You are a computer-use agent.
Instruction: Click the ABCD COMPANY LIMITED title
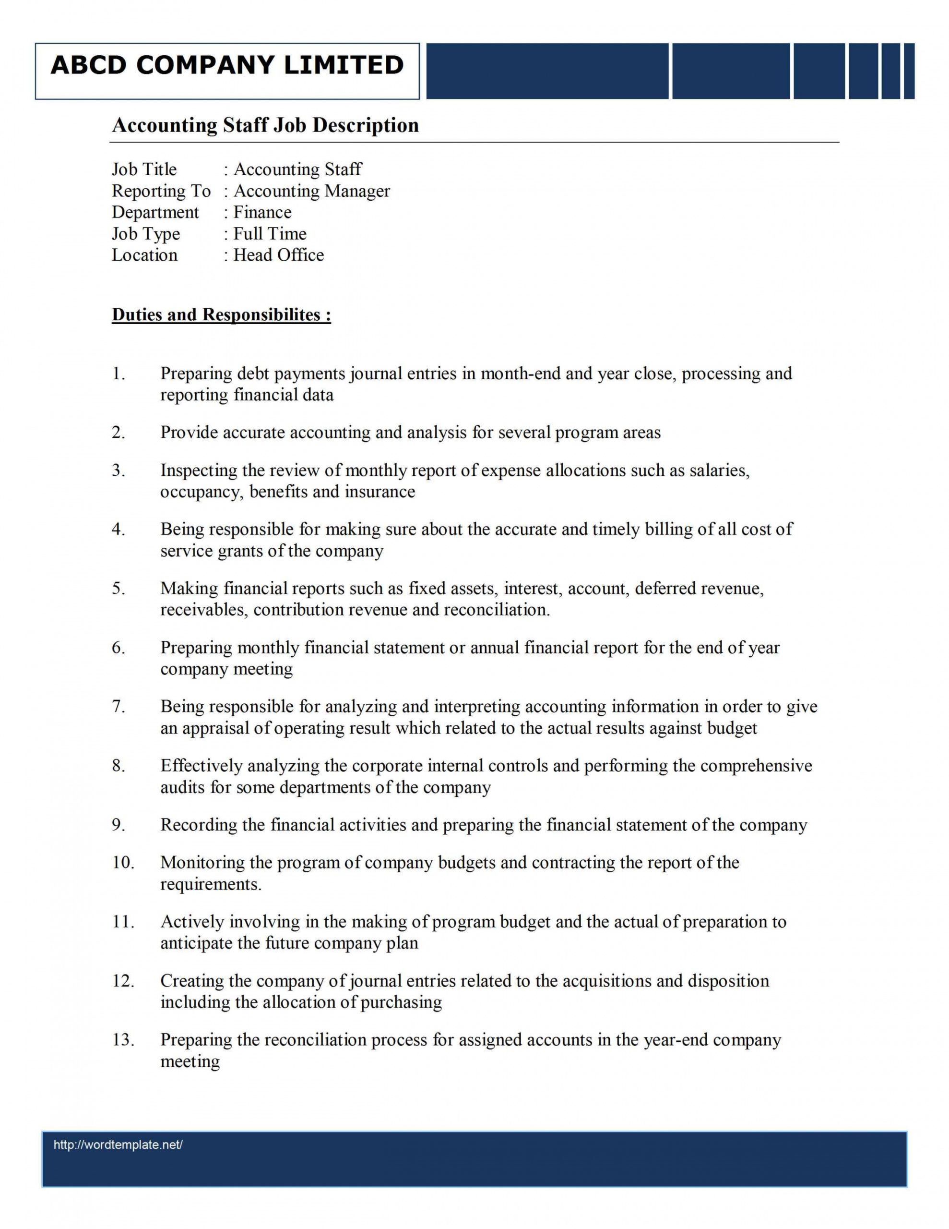pos(227,65)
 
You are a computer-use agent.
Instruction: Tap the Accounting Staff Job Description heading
pos(265,125)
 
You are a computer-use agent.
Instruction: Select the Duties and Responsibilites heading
pos(221,314)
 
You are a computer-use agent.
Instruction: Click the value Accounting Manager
pos(312,192)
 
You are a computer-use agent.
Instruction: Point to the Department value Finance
pos(262,213)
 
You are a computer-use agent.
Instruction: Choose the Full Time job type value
pos(270,234)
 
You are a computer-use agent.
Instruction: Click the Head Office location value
pos(278,255)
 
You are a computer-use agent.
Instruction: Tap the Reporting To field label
pos(161,192)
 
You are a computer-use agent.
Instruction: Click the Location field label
pos(144,255)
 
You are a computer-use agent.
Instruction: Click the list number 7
pos(118,707)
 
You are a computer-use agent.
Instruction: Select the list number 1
pos(118,374)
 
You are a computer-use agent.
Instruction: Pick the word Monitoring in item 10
pos(199,863)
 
